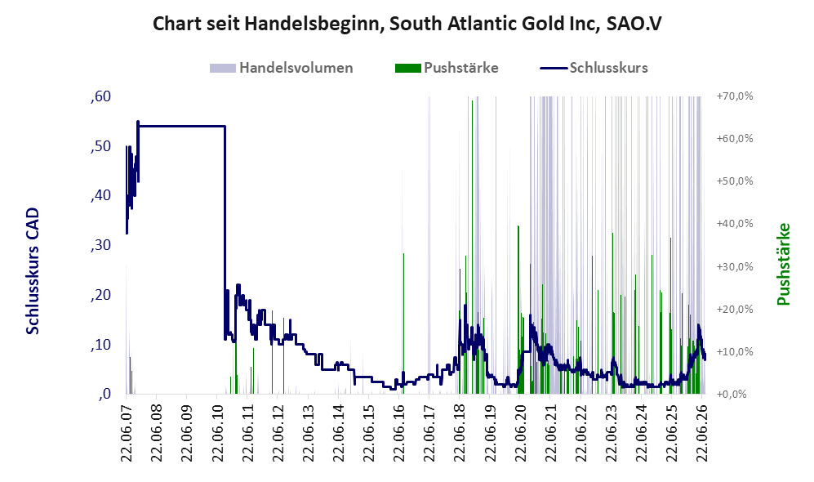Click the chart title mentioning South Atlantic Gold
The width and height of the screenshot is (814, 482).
pyautogui.click(x=407, y=24)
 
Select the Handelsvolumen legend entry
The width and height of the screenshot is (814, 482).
pyautogui.click(x=282, y=68)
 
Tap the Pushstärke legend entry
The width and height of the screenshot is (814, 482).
pyautogui.click(x=447, y=68)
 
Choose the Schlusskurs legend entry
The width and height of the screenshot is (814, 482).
pyautogui.click(x=594, y=68)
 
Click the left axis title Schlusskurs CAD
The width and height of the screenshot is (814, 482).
pyautogui.click(x=33, y=270)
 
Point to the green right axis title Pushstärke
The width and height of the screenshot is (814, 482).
pyautogui.click(x=783, y=264)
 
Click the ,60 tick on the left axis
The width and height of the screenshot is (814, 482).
pyautogui.click(x=100, y=96)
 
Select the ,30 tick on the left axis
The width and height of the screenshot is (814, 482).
pyautogui.click(x=100, y=245)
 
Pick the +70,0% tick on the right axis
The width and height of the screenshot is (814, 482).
pyautogui.click(x=735, y=96)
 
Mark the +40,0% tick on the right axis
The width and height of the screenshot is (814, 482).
pyautogui.click(x=735, y=223)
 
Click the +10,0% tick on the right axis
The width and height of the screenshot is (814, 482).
pyautogui.click(x=735, y=351)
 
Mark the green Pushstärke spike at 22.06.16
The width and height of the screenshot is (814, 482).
pyautogui.click(x=403, y=322)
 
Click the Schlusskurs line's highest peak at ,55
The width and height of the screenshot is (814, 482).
pyautogui.click(x=137, y=122)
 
